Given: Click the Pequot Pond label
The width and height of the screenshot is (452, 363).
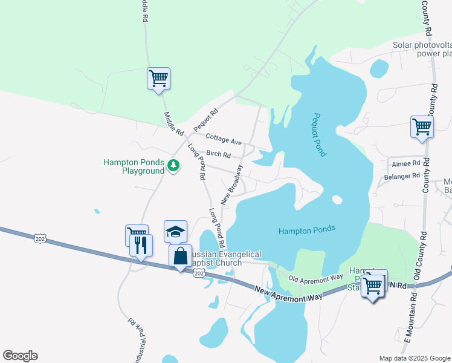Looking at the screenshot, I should point(320,135).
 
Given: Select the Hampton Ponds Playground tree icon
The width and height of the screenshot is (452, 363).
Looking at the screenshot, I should point(173,165).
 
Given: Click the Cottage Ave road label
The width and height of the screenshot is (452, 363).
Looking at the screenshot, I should point(224,140).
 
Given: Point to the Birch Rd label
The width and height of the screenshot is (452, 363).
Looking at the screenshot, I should point(218,154).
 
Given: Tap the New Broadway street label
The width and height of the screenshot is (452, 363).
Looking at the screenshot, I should point(231,183).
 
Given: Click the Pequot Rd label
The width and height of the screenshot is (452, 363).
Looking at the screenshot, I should point(205,120).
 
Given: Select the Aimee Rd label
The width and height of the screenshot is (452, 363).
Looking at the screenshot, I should point(406,163).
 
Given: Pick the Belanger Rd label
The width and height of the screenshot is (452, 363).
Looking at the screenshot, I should point(402,176).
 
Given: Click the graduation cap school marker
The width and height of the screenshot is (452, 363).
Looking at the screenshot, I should point(175,232).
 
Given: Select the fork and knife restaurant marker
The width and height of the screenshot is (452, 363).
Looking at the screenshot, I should point(141,245).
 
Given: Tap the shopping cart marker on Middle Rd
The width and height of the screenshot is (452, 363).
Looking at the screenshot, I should point(158,78).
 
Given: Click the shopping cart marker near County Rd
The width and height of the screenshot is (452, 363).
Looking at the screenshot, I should point(422,127).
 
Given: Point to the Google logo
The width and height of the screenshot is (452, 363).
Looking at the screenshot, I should point(20,356).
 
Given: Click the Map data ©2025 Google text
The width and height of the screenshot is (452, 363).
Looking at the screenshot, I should point(414,358).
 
